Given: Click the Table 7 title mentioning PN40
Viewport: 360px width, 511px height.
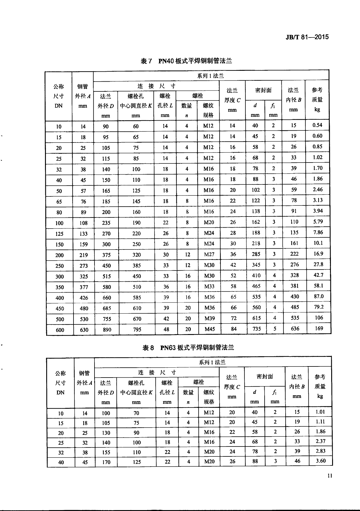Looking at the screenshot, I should tap(186, 61).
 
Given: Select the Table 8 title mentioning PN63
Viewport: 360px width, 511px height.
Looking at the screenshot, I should tap(188, 348).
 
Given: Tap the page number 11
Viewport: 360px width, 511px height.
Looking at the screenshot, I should tap(330, 476).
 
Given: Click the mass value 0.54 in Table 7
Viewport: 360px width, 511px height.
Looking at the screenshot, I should tap(317, 125).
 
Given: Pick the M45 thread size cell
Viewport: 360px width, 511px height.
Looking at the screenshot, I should tap(210, 329).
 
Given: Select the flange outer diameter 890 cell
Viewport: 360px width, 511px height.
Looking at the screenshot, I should tap(107, 330).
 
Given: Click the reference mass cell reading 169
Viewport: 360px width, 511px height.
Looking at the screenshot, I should tap(319, 328).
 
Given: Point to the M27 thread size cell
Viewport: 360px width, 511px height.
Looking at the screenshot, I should tap(209, 254).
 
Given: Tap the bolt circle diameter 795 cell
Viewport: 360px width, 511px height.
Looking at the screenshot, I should tap(137, 329).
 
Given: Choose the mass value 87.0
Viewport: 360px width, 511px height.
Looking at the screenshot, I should tap(319, 296).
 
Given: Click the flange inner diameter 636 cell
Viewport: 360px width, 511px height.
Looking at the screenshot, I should tap(295, 328).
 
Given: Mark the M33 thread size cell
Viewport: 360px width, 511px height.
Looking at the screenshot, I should tap(209, 286).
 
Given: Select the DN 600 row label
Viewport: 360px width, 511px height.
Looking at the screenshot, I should tap(60, 330).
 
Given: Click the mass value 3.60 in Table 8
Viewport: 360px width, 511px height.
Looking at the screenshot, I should tap(321, 461).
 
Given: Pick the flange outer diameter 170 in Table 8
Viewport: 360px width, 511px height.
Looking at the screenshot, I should tap(106, 462).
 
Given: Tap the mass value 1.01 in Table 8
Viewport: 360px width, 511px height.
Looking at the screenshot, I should tap(320, 412).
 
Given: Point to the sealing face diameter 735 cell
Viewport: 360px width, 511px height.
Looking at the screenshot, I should tap(256, 329).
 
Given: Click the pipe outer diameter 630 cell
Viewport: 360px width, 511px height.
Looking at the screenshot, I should tap(84, 330).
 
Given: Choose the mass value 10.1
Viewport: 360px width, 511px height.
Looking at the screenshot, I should tap(318, 243).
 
